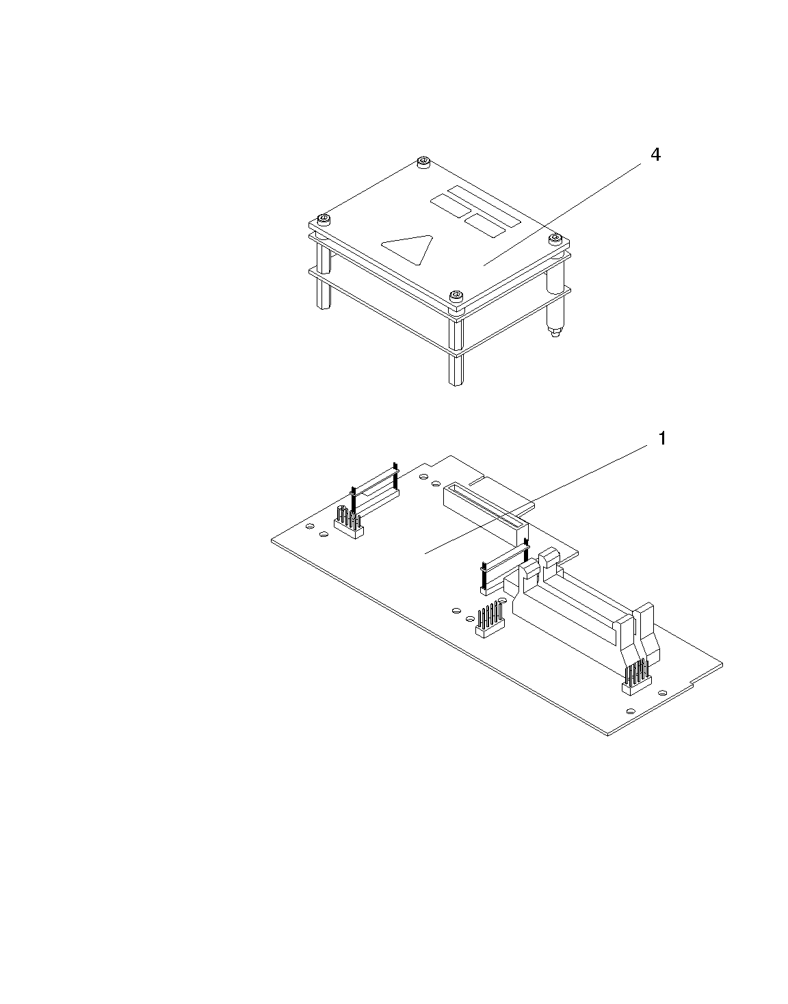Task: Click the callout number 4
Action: [x=655, y=155]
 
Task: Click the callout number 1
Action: [x=663, y=438]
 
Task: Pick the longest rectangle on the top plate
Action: [x=484, y=206]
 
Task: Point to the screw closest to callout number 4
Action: [x=555, y=239]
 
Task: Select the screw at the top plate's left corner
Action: [x=324, y=219]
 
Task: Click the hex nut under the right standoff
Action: [x=555, y=332]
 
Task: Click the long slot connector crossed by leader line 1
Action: [x=485, y=514]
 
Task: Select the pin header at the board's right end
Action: [x=637, y=676]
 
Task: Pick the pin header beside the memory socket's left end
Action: [x=490, y=620]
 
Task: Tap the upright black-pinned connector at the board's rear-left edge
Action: [x=375, y=490]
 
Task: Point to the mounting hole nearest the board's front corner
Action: [x=630, y=711]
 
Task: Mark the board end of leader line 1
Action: [x=425, y=553]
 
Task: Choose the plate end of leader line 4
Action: [x=484, y=265]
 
